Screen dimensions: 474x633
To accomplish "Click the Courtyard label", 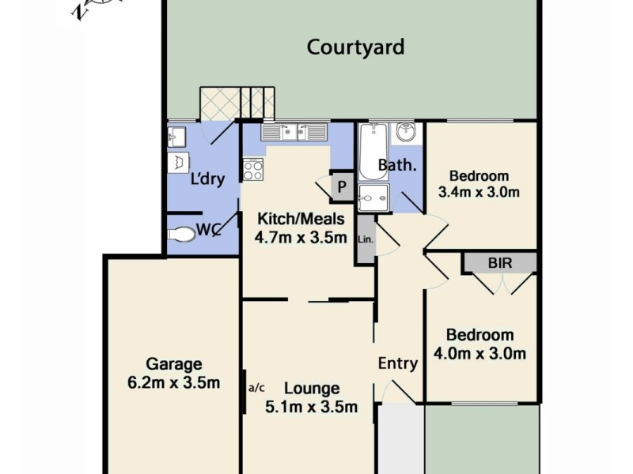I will pyautogui.click(x=355, y=47).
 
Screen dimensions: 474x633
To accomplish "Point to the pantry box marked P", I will pyautogui.click(x=342, y=186).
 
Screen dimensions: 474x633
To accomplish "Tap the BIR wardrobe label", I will pyautogui.click(x=499, y=261).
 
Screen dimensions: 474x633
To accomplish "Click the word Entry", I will pyautogui.click(x=397, y=363).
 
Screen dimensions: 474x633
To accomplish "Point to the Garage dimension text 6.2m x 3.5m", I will pyautogui.click(x=174, y=383).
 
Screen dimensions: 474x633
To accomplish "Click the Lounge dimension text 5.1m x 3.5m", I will pyautogui.click(x=312, y=408).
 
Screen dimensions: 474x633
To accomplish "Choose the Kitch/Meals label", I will pyautogui.click(x=300, y=217).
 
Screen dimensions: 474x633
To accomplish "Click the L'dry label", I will pyautogui.click(x=208, y=179).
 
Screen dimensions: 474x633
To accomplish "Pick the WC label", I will pyautogui.click(x=207, y=231).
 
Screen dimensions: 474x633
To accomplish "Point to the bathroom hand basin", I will pyautogui.click(x=406, y=133).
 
